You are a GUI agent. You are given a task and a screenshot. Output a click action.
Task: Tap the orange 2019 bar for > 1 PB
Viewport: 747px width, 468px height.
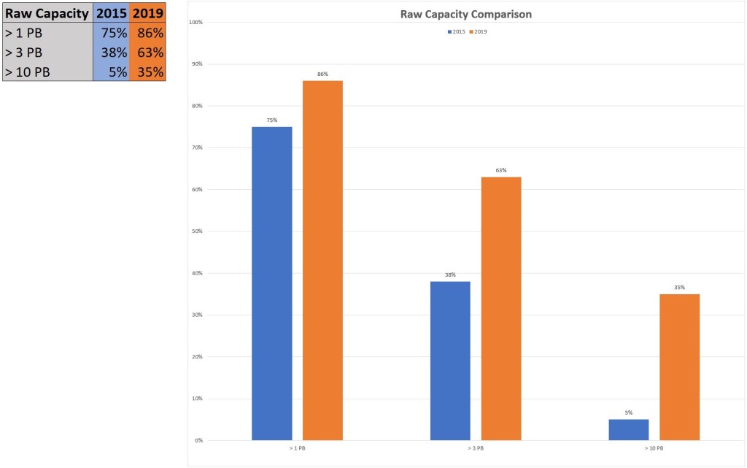pos(322,260)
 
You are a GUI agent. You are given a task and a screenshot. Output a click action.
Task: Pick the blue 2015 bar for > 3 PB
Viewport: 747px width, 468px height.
pos(450,361)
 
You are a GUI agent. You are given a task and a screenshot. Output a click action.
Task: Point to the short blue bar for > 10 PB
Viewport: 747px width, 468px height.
pos(628,429)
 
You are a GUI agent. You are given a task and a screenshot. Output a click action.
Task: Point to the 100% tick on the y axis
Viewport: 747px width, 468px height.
pos(196,22)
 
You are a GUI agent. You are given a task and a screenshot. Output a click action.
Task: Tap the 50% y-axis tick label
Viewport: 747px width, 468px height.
pos(197,231)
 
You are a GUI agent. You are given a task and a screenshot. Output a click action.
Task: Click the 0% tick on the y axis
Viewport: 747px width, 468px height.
pos(198,440)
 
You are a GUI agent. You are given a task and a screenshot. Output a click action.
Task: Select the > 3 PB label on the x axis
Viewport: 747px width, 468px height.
pos(476,448)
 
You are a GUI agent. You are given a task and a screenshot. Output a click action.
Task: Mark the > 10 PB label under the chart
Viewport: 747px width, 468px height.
pos(654,448)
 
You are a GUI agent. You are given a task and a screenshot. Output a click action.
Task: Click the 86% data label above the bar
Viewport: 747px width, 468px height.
pos(322,74)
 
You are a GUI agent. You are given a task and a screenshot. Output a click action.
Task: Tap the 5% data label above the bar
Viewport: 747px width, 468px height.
pos(628,413)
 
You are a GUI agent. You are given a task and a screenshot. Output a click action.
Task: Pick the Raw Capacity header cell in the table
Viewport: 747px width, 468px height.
pos(47,12)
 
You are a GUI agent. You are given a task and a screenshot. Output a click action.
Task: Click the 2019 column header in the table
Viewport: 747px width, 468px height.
pos(148,12)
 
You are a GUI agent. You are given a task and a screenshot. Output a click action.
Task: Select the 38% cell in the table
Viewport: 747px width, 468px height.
pos(112,53)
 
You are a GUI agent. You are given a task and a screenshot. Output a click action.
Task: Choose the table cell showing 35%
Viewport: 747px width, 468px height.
pos(148,72)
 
